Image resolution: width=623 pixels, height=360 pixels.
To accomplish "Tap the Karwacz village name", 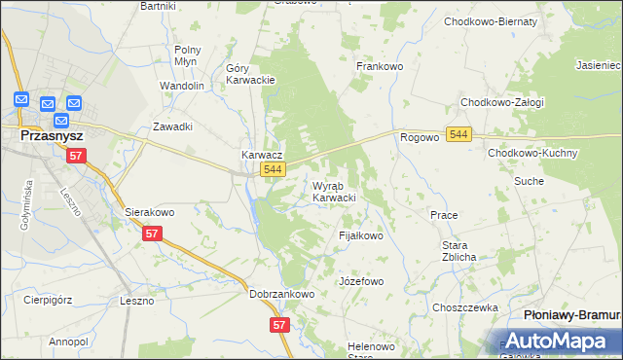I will point(262,155).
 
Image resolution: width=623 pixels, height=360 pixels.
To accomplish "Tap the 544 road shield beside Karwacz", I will point(274,170).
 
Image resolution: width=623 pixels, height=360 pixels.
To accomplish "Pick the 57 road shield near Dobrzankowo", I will point(280,325).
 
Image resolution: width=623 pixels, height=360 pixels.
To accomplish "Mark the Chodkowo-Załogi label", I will point(502,102).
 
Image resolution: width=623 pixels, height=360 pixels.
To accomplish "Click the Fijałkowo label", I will point(360,235).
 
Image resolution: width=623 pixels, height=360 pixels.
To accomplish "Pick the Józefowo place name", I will point(361,281).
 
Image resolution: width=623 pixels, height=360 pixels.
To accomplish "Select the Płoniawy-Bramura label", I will point(571,316).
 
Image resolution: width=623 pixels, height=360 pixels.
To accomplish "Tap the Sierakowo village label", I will point(149,211).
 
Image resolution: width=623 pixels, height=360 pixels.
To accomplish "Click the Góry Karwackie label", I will point(251,74).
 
